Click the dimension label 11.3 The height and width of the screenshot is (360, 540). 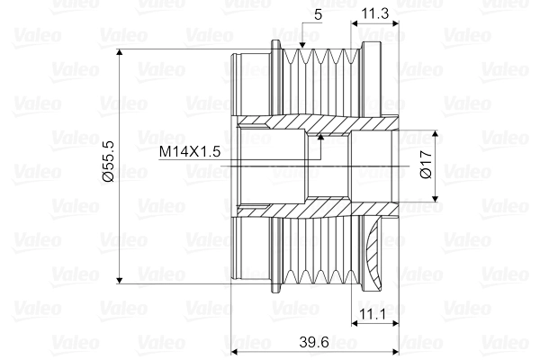point(374,13)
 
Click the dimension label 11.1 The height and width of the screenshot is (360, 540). point(373,314)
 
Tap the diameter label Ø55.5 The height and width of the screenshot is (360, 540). point(109,161)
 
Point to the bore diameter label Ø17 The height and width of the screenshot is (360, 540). point(426,164)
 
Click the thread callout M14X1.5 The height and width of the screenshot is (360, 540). point(190,151)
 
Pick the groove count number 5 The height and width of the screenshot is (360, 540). point(318,14)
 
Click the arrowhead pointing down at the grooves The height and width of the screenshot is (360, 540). point(302,45)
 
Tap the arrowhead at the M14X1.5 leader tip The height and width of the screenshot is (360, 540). point(321,137)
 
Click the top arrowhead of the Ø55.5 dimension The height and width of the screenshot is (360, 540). point(120,52)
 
